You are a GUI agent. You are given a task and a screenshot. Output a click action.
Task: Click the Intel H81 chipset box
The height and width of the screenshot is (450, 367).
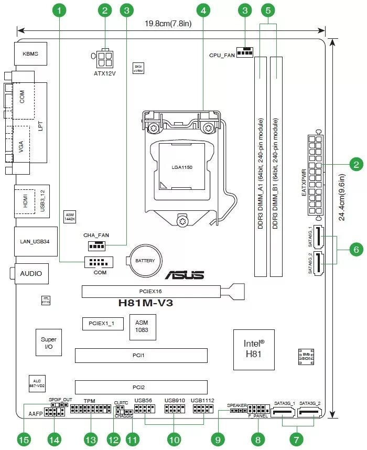pos(254,350)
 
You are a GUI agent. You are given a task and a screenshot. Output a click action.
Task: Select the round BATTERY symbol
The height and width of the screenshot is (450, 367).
pos(145,261)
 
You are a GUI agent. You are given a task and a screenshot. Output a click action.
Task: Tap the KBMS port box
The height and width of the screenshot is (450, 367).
pos(30,54)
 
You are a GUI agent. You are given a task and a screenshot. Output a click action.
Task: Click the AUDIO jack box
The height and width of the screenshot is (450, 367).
pos(31,273)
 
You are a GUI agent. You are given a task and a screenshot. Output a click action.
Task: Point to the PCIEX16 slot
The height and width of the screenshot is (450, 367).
pos(151,290)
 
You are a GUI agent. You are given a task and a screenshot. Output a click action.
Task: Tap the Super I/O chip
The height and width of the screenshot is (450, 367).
pos(49,343)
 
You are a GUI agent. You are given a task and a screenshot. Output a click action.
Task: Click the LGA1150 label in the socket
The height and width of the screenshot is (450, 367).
pos(182,167)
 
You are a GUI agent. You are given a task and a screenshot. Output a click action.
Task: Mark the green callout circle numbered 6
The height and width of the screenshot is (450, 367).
pos(356,250)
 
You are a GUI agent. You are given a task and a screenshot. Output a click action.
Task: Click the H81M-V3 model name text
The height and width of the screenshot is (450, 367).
pos(146,302)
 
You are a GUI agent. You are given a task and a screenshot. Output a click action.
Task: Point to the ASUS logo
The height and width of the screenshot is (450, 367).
pos(185,275)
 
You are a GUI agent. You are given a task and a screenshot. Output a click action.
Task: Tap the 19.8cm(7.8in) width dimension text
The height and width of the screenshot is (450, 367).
pos(167,24)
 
